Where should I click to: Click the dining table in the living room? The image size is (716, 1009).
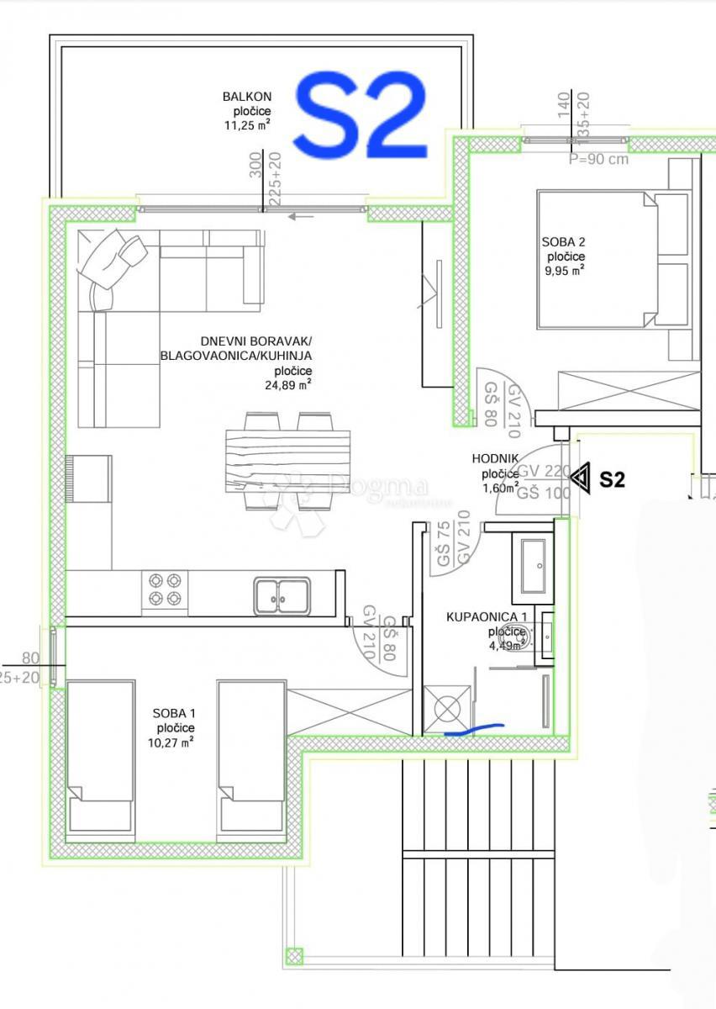point(287,461)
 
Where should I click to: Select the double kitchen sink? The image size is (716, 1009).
point(282,594)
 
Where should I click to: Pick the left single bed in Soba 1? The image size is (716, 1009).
point(101,755)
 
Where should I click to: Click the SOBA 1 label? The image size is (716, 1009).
point(174,714)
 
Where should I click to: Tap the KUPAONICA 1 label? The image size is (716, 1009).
point(487,617)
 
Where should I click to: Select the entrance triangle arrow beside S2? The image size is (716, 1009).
point(580,478)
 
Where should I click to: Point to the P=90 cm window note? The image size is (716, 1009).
point(598,160)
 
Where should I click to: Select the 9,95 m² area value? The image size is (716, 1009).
point(563,271)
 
